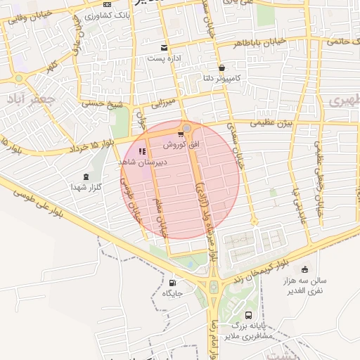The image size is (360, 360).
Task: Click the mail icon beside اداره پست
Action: [x=164, y=48]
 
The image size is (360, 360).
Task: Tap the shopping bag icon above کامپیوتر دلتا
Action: [x=222, y=68]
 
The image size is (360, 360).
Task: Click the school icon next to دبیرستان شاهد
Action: [x=142, y=151]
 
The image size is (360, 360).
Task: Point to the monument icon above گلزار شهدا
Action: [x=86, y=176]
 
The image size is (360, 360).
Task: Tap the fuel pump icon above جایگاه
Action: [x=172, y=283]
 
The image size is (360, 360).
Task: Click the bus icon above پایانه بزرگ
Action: [x=248, y=315]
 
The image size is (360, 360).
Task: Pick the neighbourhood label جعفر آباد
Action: [x=32, y=100]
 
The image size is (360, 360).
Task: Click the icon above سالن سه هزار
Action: [x=304, y=269]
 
